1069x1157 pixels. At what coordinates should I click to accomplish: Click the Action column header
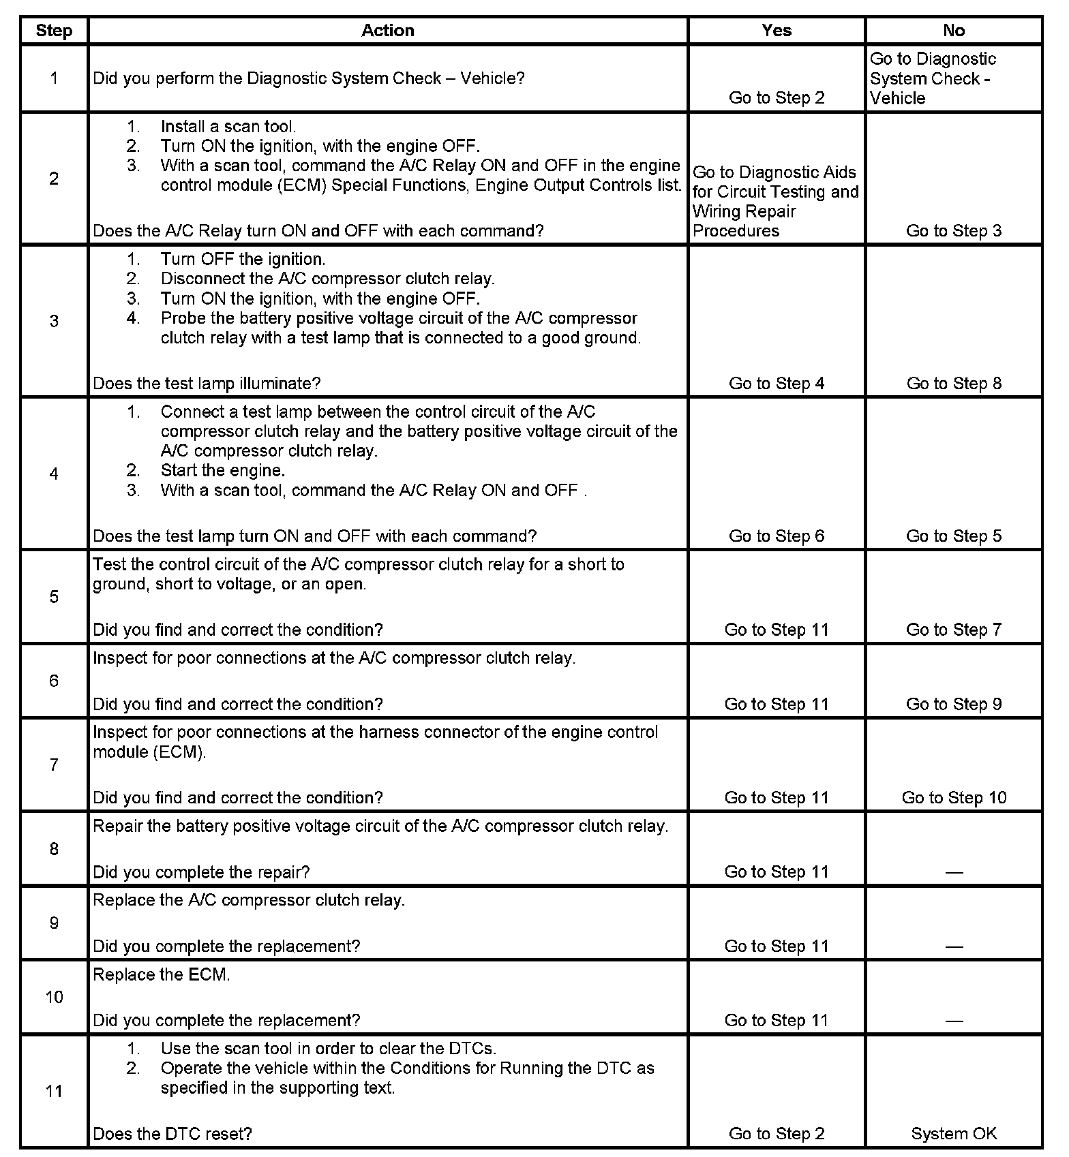click(387, 31)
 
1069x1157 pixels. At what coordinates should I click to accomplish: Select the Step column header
click(54, 31)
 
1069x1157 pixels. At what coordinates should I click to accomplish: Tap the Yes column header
click(777, 31)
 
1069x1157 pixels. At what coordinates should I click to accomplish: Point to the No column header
click(954, 31)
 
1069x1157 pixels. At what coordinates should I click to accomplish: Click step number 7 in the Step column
click(54, 765)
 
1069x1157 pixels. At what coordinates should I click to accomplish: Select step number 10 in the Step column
click(54, 997)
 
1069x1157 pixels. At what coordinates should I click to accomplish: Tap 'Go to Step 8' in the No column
click(954, 384)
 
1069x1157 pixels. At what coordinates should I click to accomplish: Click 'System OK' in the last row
click(954, 1134)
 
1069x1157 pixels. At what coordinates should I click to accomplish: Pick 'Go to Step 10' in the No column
click(954, 798)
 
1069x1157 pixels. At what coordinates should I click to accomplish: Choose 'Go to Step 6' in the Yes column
click(777, 536)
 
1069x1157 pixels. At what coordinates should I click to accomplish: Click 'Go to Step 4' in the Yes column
click(777, 384)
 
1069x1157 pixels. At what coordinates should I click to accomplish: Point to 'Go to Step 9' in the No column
click(954, 704)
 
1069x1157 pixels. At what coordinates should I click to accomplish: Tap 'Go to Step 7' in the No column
click(954, 630)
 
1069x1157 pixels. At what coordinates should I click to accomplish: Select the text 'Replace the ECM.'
click(162, 974)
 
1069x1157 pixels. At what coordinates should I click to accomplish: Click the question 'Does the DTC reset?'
click(172, 1134)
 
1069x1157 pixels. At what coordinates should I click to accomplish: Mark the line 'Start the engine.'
click(223, 471)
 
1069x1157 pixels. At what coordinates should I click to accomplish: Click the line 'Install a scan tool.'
click(228, 127)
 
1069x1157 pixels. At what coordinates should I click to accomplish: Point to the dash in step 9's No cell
click(954, 946)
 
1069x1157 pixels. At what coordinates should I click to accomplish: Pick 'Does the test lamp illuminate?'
click(207, 384)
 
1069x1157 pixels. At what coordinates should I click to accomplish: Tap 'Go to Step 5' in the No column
click(954, 536)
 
